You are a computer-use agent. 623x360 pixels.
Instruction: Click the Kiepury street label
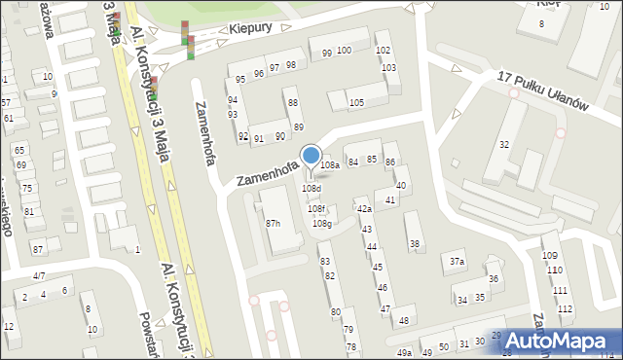[250, 30]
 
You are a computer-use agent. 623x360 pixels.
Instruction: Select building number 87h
[274, 223]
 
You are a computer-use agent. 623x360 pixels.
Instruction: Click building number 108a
[331, 165]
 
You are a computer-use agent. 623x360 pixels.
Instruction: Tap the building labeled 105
[356, 102]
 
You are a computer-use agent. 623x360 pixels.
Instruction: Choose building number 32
[503, 144]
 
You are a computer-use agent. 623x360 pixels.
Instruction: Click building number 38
[415, 243]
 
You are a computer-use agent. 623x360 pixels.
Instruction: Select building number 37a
[457, 261]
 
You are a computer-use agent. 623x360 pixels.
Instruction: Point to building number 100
[344, 50]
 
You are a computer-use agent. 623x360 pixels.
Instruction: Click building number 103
[388, 67]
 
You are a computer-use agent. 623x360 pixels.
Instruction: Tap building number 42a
[363, 208]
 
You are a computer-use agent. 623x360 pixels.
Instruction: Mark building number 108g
[322, 224]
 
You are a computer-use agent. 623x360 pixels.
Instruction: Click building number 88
[293, 102]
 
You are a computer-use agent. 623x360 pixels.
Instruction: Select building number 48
[404, 320]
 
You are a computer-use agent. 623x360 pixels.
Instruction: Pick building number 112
[566, 307]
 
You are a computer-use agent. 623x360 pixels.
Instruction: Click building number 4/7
[39, 276]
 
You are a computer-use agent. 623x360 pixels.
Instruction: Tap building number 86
[389, 161]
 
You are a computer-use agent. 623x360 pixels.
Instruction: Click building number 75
[28, 188]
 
